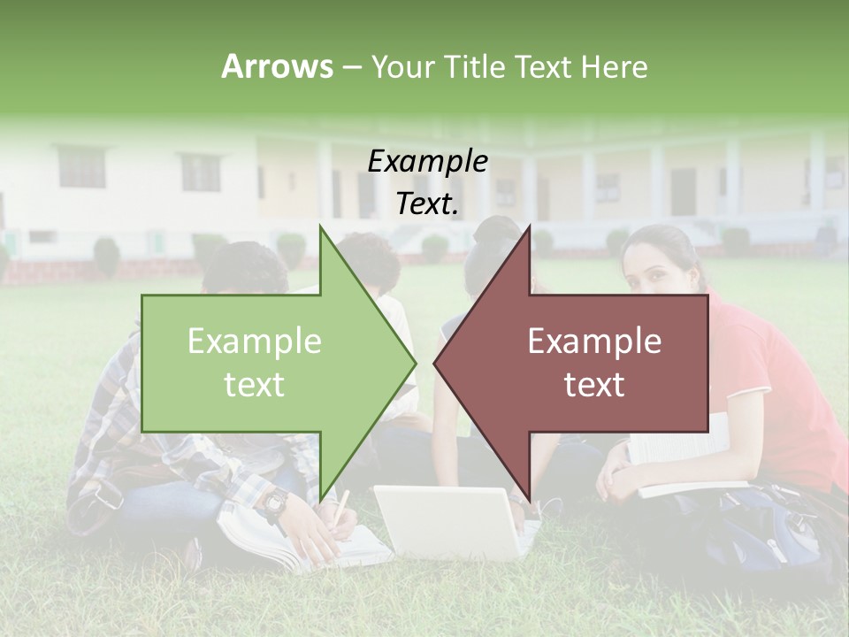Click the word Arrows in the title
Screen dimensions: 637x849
[x=277, y=66]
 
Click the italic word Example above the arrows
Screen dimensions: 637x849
[x=427, y=161]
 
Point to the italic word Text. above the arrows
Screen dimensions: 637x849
[x=427, y=204]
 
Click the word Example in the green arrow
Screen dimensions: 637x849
[x=255, y=341]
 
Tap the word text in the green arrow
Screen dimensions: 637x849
[x=255, y=385]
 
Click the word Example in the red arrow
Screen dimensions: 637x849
[x=594, y=341]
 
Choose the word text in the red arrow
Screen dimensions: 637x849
[x=594, y=385]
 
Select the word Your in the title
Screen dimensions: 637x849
[x=402, y=66]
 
